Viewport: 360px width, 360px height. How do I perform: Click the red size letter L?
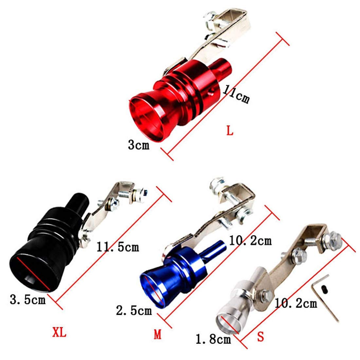click(x=230, y=131)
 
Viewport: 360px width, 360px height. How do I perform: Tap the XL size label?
click(x=59, y=332)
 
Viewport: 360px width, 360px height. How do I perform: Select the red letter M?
click(x=157, y=334)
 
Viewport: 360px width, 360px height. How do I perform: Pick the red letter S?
click(x=261, y=337)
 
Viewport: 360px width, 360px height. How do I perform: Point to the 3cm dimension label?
click(x=138, y=145)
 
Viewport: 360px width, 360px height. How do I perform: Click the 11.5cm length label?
click(x=118, y=247)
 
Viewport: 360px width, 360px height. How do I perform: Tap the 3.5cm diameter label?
click(x=27, y=299)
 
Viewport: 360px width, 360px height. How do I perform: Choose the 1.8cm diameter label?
click(x=213, y=339)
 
